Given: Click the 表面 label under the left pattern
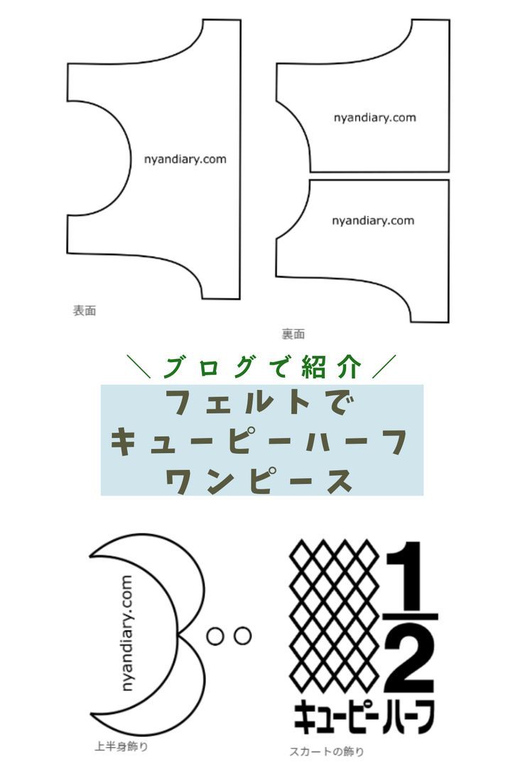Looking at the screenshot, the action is tap(84, 310).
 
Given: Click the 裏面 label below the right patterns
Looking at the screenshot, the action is tap(293, 334).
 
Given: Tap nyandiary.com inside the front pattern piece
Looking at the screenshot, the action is tap(185, 160).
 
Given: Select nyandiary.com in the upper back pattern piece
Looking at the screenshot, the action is tap(375, 117).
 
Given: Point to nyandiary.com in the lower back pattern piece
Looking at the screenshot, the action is tap(373, 220).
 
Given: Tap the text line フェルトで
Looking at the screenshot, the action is tap(261, 402).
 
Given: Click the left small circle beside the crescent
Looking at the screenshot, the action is tap(215, 636).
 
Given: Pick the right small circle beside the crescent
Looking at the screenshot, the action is tap(242, 636).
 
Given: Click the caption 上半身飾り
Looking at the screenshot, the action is tap(121, 747).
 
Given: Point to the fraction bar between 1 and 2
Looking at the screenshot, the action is tap(411, 616).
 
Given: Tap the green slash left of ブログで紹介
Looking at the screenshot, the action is tap(139, 366).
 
